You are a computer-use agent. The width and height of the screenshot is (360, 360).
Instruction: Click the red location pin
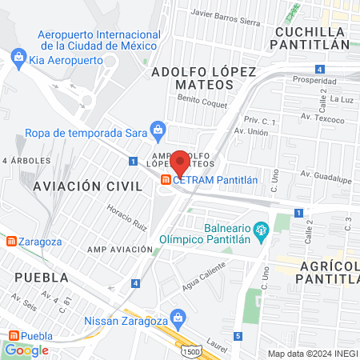coord(180,162)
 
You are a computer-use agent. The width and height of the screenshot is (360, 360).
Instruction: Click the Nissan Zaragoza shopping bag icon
coord(178,318)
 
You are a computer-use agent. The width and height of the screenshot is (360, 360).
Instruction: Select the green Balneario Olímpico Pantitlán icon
coord(261,233)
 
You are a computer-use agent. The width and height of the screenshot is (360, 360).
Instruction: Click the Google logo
coord(26,350)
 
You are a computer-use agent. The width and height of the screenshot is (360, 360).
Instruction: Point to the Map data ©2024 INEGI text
coord(312,354)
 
